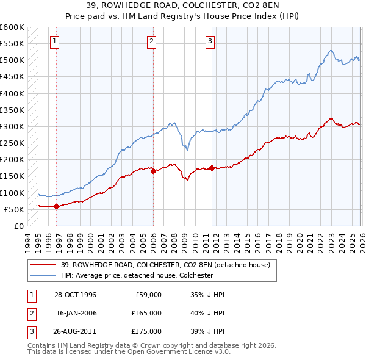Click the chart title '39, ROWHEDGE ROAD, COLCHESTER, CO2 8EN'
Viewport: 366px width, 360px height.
point(183,7)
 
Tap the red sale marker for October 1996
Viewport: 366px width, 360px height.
point(56,206)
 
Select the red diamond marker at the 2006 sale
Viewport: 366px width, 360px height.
point(153,171)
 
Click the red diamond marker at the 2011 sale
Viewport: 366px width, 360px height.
point(212,168)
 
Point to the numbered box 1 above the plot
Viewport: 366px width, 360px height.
point(54,41)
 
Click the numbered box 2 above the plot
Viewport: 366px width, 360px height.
point(151,41)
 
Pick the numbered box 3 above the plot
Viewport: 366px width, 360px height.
point(210,41)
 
